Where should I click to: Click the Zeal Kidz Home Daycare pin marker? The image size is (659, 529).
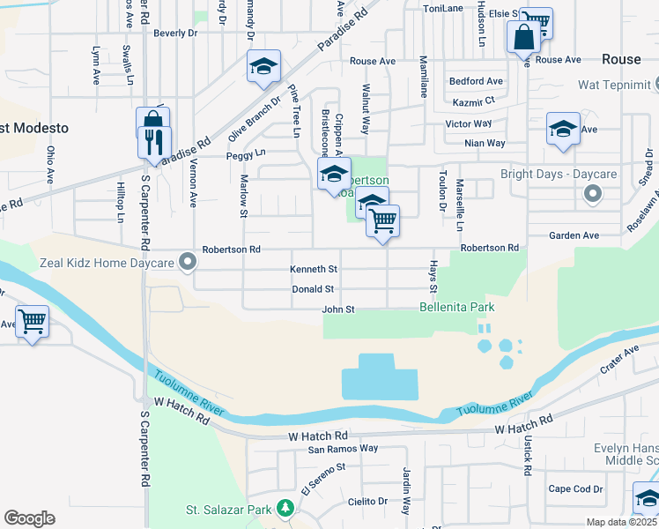click(x=186, y=262)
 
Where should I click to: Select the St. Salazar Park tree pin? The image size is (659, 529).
click(x=285, y=508)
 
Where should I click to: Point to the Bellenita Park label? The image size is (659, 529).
click(x=456, y=307)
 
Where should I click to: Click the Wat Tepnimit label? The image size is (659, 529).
click(x=614, y=85)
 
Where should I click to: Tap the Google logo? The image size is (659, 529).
click(x=29, y=518)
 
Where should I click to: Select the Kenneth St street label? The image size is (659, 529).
click(x=313, y=269)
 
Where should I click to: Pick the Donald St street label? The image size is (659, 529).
click(x=313, y=289)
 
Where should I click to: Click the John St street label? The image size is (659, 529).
click(x=337, y=309)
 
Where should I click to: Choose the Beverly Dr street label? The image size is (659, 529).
click(x=175, y=34)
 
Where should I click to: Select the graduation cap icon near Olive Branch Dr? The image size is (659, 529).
click(x=263, y=66)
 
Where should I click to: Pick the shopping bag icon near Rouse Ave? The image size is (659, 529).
click(x=523, y=37)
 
